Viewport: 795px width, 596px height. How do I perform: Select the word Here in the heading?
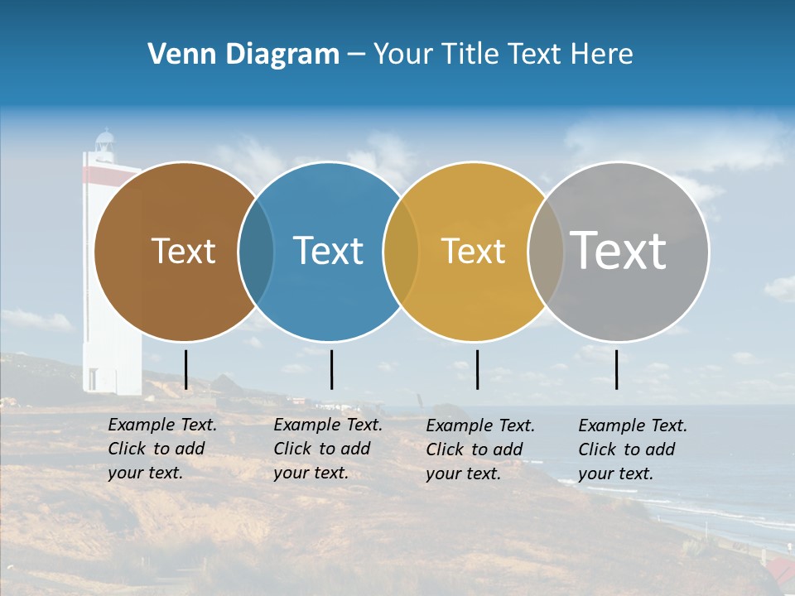tap(602, 55)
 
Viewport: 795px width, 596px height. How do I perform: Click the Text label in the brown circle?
tap(183, 251)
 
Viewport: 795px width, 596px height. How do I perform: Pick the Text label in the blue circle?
tap(328, 251)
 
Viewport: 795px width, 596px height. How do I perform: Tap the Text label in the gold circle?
tap(473, 251)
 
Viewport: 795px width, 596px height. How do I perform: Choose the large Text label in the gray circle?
tap(618, 251)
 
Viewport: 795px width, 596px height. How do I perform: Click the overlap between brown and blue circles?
tap(256, 251)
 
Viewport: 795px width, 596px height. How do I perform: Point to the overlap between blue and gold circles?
tap(401, 251)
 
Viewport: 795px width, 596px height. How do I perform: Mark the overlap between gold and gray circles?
tap(545, 251)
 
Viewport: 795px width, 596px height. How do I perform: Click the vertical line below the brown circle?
tap(186, 369)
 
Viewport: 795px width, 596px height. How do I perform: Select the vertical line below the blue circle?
tap(331, 369)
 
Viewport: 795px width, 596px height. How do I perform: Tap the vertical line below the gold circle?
tap(477, 369)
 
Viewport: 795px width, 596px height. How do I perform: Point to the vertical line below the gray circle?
tap(617, 369)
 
